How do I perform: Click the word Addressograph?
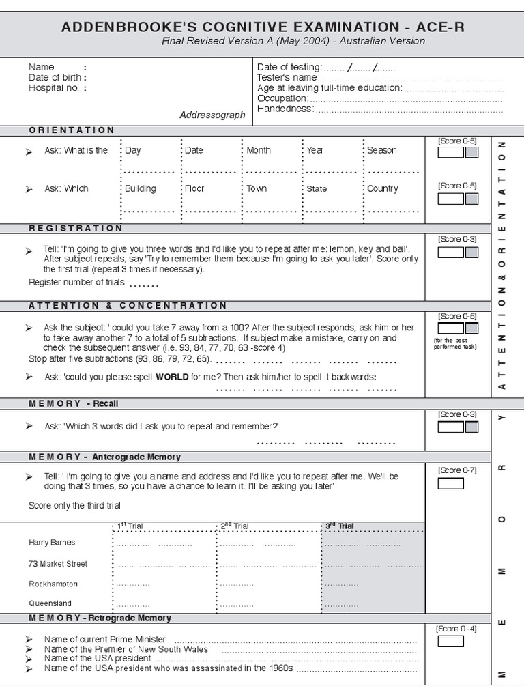pyautogui.click(x=212, y=115)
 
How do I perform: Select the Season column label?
pyautogui.click(x=381, y=150)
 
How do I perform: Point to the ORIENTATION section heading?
pyautogui.click(x=72, y=130)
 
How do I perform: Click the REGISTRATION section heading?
pyautogui.click(x=76, y=228)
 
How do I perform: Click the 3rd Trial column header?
pyautogui.click(x=339, y=526)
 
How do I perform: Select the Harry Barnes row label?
pyautogui.click(x=52, y=543)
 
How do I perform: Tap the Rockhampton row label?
pyautogui.click(x=53, y=584)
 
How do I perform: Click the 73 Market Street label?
pyautogui.click(x=58, y=564)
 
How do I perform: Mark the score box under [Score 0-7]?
pyautogui.click(x=450, y=483)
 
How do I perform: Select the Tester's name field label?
pyautogui.click(x=287, y=78)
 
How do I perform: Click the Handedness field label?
pyautogui.click(x=285, y=109)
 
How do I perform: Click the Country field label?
pyautogui.click(x=382, y=188)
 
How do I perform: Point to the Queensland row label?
pyautogui.click(x=50, y=603)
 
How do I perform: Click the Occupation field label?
pyautogui.click(x=282, y=98)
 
